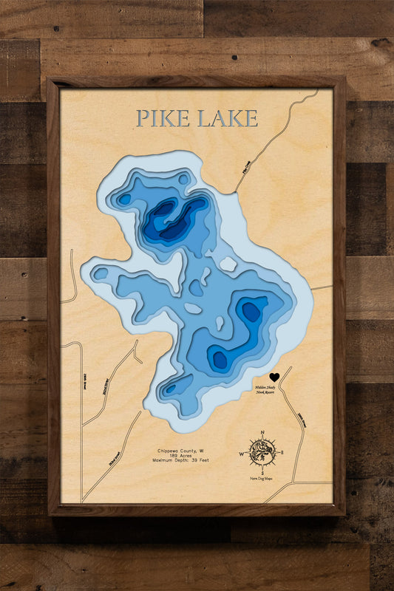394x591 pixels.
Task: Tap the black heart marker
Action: pyautogui.click(x=274, y=378)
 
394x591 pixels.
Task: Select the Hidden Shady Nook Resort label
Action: pyautogui.click(x=268, y=390)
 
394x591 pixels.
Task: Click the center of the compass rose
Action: pyautogui.click(x=262, y=451)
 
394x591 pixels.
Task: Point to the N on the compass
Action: pyautogui.click(x=262, y=436)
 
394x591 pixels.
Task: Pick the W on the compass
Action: pyautogui.click(x=242, y=454)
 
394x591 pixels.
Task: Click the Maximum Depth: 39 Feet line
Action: pyautogui.click(x=180, y=460)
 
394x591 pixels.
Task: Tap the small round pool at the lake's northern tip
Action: pyautogui.click(x=183, y=179)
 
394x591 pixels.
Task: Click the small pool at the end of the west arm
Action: pyautogui.click(x=101, y=273)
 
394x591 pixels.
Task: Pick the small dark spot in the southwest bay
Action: pyautogui.click(x=170, y=389)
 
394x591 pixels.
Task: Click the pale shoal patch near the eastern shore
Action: pyautogui.click(x=228, y=264)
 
